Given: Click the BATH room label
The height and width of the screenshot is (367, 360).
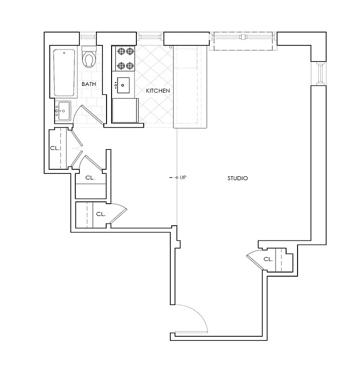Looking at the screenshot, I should [89, 84].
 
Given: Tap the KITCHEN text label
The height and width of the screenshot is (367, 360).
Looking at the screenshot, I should [158, 91].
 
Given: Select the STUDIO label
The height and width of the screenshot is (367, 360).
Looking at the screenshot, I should [237, 178].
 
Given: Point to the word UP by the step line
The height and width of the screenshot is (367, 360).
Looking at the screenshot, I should [183, 177].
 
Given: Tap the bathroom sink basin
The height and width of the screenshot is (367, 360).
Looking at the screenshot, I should [62, 111].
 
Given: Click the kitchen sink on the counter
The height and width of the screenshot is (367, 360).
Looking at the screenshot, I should [123, 84].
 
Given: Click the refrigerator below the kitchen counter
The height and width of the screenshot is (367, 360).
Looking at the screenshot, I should [124, 111].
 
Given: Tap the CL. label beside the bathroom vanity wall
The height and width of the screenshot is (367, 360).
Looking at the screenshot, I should [54, 148].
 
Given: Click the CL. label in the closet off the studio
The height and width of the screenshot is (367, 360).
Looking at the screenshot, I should [268, 259].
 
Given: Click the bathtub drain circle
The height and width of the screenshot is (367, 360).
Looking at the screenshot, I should [64, 53].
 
